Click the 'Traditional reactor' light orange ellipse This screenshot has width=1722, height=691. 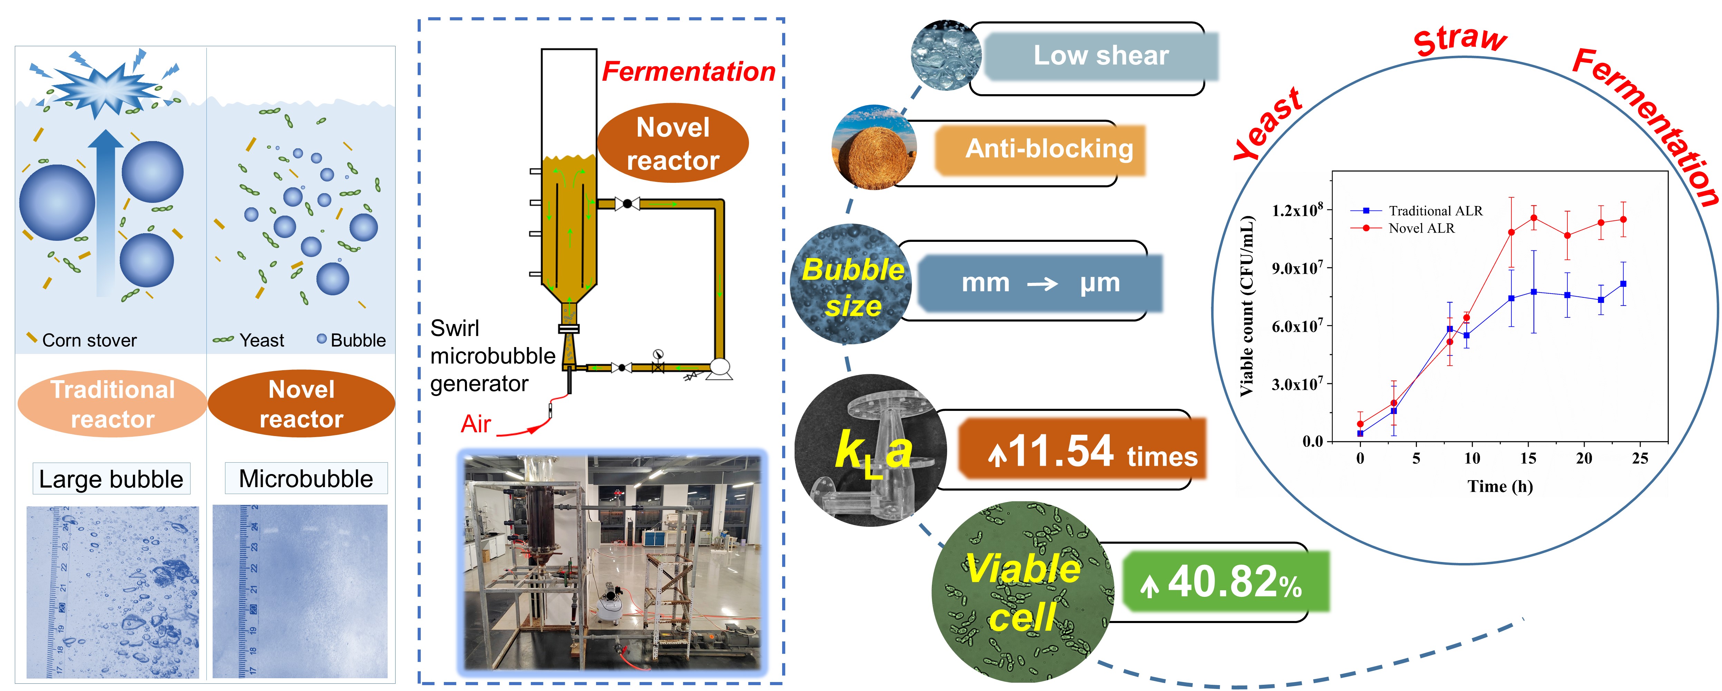coord(112,404)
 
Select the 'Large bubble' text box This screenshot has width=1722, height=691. coord(111,478)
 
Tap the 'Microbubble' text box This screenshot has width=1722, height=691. coord(305,478)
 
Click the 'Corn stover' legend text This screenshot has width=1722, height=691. coord(89,340)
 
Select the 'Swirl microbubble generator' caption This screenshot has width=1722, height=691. coord(492,356)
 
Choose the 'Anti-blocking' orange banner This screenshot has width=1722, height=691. coord(1048,148)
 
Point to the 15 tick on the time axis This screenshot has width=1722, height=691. coord(1528,458)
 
